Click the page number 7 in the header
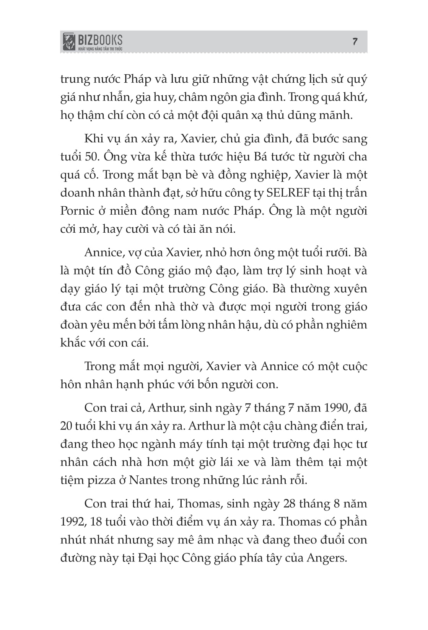click(x=355, y=41)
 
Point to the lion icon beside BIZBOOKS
click(x=69, y=42)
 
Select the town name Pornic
click(x=77, y=211)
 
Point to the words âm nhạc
click(x=223, y=540)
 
